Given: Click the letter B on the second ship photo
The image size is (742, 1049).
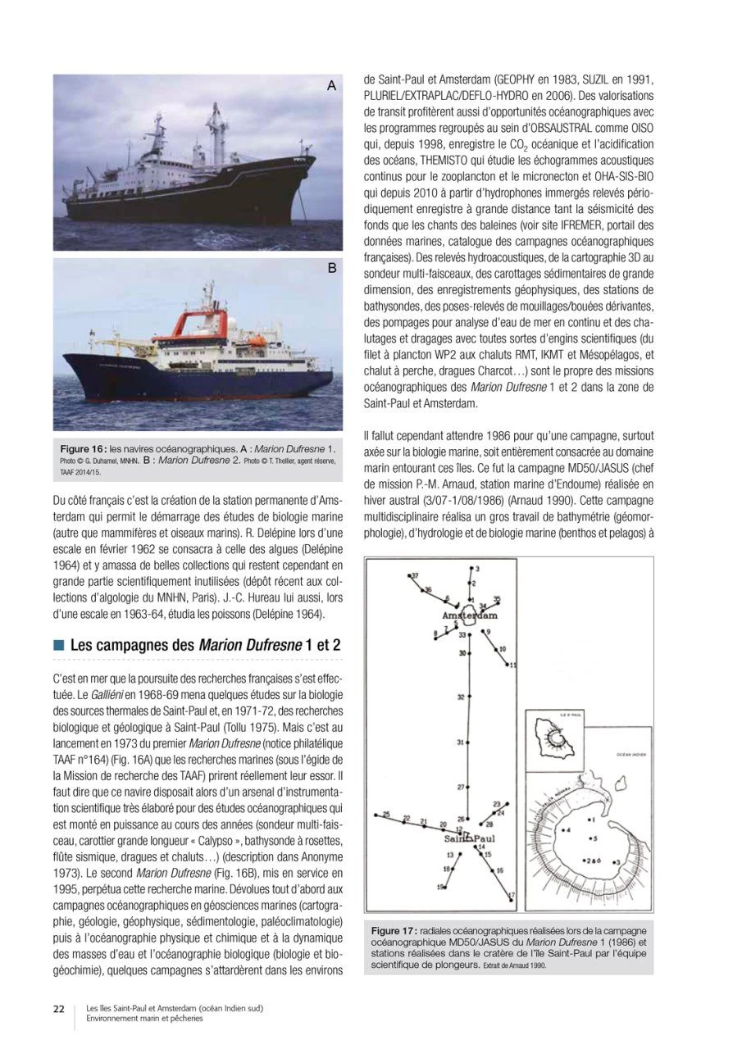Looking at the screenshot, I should [332, 269].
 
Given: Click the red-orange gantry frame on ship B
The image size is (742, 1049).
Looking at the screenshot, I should [202, 299].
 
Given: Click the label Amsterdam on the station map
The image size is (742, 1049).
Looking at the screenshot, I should [469, 615].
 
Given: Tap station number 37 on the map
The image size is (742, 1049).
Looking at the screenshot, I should [415, 576].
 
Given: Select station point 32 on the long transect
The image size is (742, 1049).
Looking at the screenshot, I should [462, 697].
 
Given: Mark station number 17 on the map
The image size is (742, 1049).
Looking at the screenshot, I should [511, 894].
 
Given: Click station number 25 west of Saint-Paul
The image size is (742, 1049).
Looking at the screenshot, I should [386, 814].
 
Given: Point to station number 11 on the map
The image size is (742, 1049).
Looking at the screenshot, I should [512, 665].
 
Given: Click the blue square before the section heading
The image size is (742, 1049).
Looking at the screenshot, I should [58, 646].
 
